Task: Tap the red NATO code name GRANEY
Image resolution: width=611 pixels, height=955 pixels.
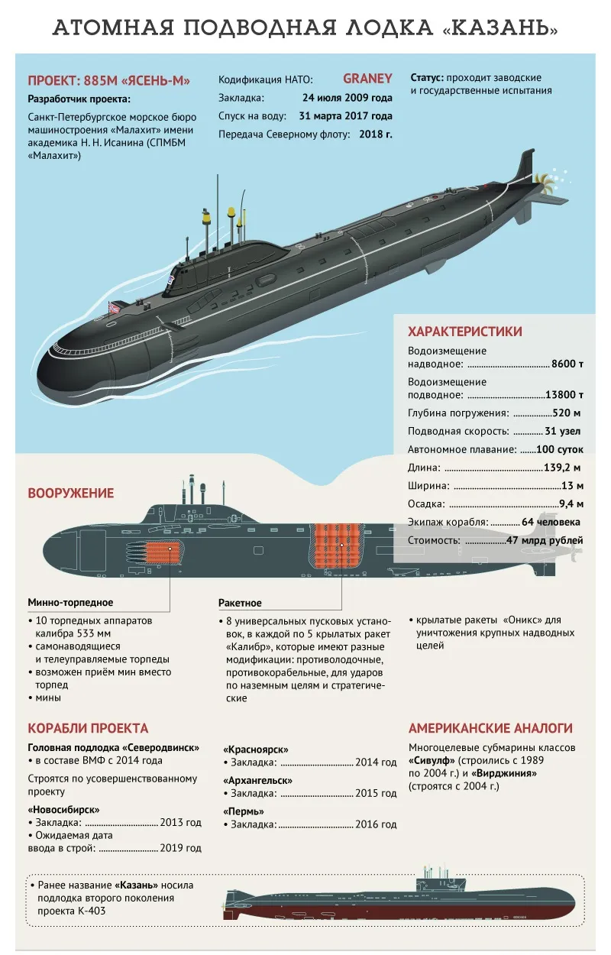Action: pyautogui.click(x=367, y=79)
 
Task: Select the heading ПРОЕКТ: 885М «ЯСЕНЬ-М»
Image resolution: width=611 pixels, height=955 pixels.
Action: pyautogui.click(x=108, y=80)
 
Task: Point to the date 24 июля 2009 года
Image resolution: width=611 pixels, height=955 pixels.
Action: pyautogui.click(x=348, y=98)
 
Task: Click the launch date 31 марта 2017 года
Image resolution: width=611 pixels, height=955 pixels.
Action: pyautogui.click(x=345, y=116)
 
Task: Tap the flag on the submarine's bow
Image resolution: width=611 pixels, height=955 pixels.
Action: pyautogui.click(x=115, y=307)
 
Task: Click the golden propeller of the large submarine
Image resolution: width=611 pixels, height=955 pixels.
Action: pyautogui.click(x=545, y=183)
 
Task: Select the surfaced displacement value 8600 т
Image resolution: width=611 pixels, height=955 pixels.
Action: pyautogui.click(x=567, y=364)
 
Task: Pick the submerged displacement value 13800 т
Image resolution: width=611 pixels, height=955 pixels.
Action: pyautogui.click(x=564, y=394)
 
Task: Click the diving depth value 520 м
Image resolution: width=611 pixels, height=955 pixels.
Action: pyautogui.click(x=566, y=413)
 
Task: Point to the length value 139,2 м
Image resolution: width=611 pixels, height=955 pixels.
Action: pyautogui.click(x=562, y=468)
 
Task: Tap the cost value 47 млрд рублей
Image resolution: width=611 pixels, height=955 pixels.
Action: pyautogui.click(x=545, y=540)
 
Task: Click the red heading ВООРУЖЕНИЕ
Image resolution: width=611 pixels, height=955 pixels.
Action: pyautogui.click(x=71, y=493)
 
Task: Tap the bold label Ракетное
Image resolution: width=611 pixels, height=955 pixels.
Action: pyautogui.click(x=240, y=603)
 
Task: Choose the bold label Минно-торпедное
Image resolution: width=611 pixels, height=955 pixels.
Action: pyautogui.click(x=70, y=602)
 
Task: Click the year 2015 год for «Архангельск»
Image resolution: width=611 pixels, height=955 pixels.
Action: pyautogui.click(x=376, y=793)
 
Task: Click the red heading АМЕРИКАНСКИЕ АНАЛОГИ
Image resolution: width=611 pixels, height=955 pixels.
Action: pyautogui.click(x=490, y=728)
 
